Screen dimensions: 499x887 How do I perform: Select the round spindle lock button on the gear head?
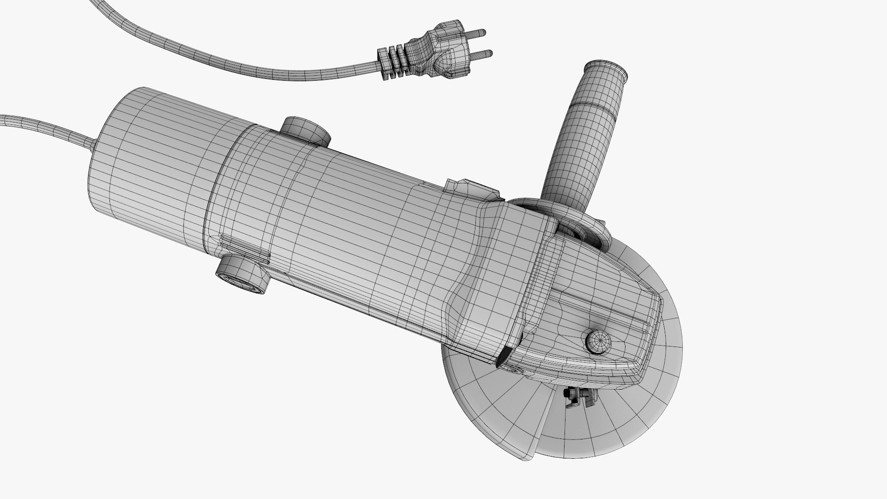pyautogui.click(x=598, y=342)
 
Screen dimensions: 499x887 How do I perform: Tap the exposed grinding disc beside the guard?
pyautogui.click(x=647, y=407)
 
